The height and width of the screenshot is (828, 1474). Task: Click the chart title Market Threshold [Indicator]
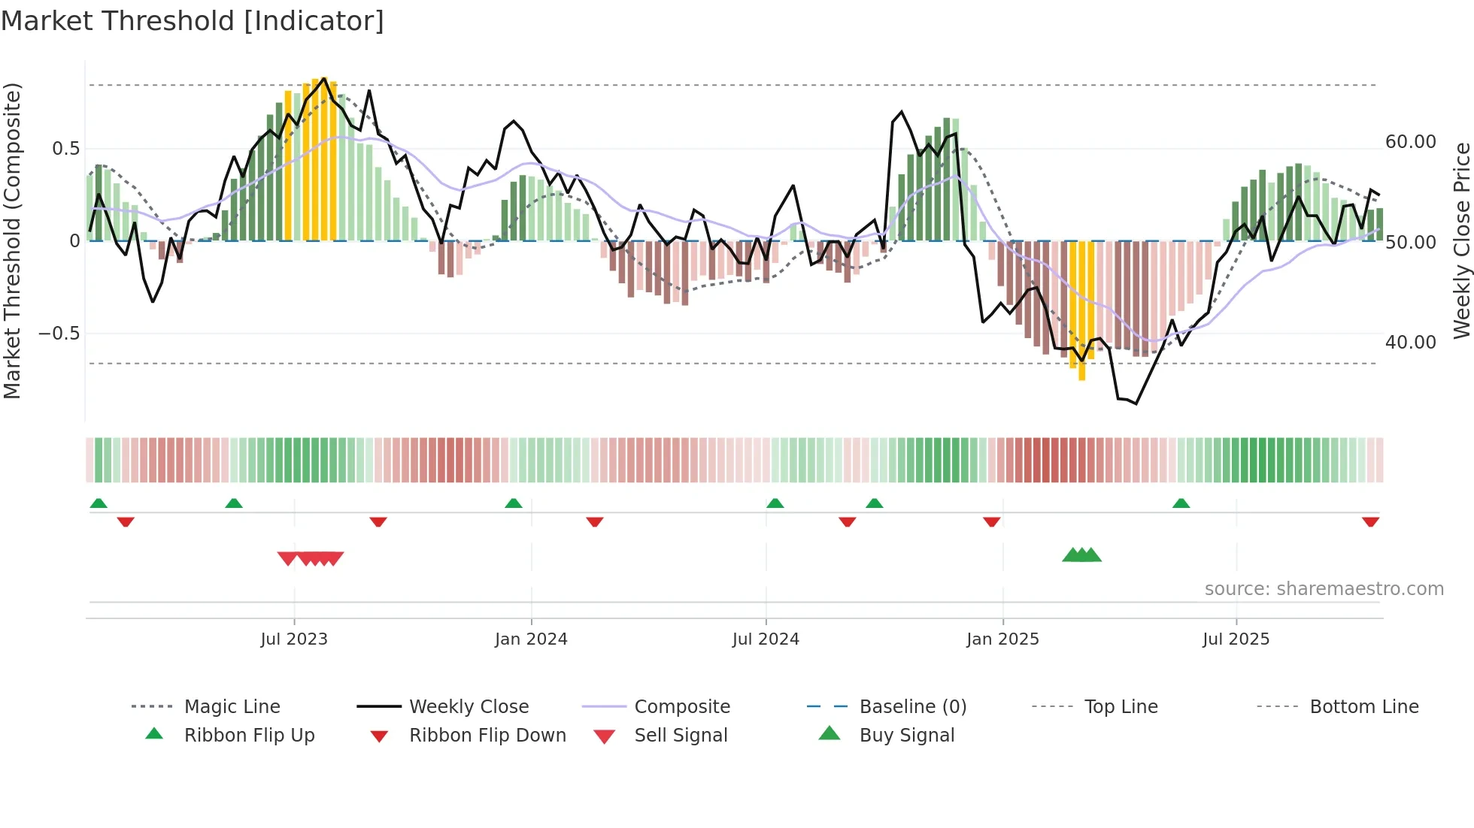click(193, 21)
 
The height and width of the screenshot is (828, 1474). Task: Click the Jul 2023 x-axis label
click(294, 639)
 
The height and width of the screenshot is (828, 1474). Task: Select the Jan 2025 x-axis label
click(1002, 639)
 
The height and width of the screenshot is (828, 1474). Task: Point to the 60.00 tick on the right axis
click(1410, 142)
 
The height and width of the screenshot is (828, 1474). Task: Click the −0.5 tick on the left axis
click(59, 334)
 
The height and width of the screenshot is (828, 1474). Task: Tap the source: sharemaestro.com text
click(1324, 589)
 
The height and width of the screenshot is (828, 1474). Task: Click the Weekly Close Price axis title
click(1461, 240)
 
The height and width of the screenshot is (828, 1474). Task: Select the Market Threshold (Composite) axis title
click(12, 240)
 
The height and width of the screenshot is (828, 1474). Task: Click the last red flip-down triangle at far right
click(1370, 521)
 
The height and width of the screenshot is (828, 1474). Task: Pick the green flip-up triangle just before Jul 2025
click(1181, 503)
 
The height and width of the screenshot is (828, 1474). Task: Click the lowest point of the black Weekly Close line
click(1136, 403)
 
